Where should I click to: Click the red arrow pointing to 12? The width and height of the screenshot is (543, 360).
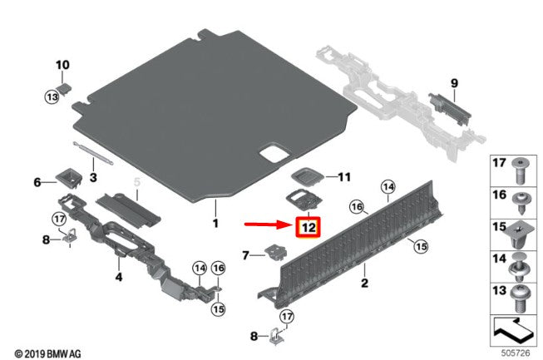click(x=269, y=224)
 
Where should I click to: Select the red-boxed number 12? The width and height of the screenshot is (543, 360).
click(x=309, y=228)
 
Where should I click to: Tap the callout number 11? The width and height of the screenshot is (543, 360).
click(x=344, y=177)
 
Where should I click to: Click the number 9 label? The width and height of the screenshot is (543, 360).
click(x=454, y=83)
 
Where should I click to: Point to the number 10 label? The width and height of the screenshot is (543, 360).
click(x=62, y=65)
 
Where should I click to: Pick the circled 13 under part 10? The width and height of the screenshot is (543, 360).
click(x=52, y=97)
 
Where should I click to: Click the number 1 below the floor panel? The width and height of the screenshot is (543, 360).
click(x=215, y=223)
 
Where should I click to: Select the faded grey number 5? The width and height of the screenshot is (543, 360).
click(x=137, y=182)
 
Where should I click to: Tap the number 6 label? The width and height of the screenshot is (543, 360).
click(x=37, y=182)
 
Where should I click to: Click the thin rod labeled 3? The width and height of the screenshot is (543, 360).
click(x=92, y=153)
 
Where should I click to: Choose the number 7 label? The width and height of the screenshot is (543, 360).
click(x=245, y=255)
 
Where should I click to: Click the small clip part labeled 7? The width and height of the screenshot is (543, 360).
click(x=276, y=252)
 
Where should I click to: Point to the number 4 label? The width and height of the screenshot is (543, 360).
click(x=119, y=277)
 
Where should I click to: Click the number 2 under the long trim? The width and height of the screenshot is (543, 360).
click(x=364, y=283)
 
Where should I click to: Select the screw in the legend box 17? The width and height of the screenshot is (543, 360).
click(x=521, y=171)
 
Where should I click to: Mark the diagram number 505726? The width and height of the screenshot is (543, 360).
click(x=516, y=353)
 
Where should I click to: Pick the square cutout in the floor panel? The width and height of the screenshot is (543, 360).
click(x=275, y=153)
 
